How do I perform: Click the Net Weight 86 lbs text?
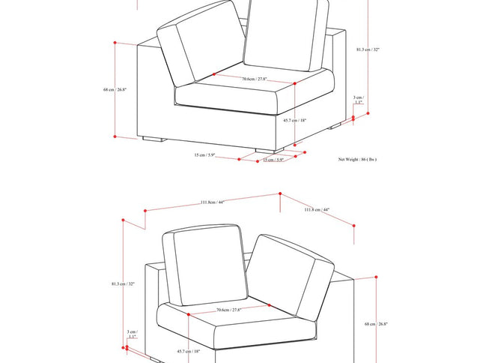pos(357,159)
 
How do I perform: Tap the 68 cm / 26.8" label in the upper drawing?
pos(115,89)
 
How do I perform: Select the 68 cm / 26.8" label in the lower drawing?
pos(376,324)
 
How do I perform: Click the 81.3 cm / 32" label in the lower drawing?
pos(123,284)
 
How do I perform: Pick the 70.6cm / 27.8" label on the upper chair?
pos(255,79)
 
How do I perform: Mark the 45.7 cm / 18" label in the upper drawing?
pos(295,120)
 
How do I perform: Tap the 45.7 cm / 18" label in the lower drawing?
pos(188,350)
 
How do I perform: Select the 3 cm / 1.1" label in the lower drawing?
pos(132,334)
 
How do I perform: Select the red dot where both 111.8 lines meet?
pos(279,193)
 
